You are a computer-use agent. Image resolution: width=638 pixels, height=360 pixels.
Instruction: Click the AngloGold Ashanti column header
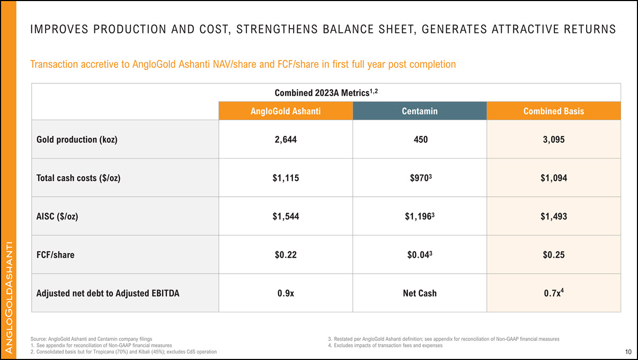[285, 111]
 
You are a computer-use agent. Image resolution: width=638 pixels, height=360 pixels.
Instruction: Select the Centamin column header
[419, 111]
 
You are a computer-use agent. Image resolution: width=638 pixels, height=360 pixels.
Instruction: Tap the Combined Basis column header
[553, 111]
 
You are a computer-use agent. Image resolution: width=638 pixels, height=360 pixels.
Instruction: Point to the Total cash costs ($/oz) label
[78, 178]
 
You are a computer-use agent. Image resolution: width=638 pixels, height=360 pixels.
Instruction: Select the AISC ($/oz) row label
[57, 216]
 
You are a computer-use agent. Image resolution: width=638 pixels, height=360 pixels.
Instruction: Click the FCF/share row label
[55, 254]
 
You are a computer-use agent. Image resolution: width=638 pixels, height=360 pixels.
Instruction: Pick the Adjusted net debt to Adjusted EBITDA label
[108, 293]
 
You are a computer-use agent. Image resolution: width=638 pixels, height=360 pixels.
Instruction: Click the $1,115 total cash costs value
[285, 178]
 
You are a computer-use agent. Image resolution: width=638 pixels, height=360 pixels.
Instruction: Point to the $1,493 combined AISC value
[553, 216]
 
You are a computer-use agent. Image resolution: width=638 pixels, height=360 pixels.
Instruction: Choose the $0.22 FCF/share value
[285, 254]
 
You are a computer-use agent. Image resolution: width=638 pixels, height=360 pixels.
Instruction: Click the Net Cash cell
[419, 293]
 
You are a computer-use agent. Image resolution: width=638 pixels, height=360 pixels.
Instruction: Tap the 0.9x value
[285, 293]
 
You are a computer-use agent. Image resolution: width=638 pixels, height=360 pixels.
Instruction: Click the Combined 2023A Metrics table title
[326, 92]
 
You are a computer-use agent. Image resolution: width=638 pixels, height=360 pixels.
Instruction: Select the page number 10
[628, 352]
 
